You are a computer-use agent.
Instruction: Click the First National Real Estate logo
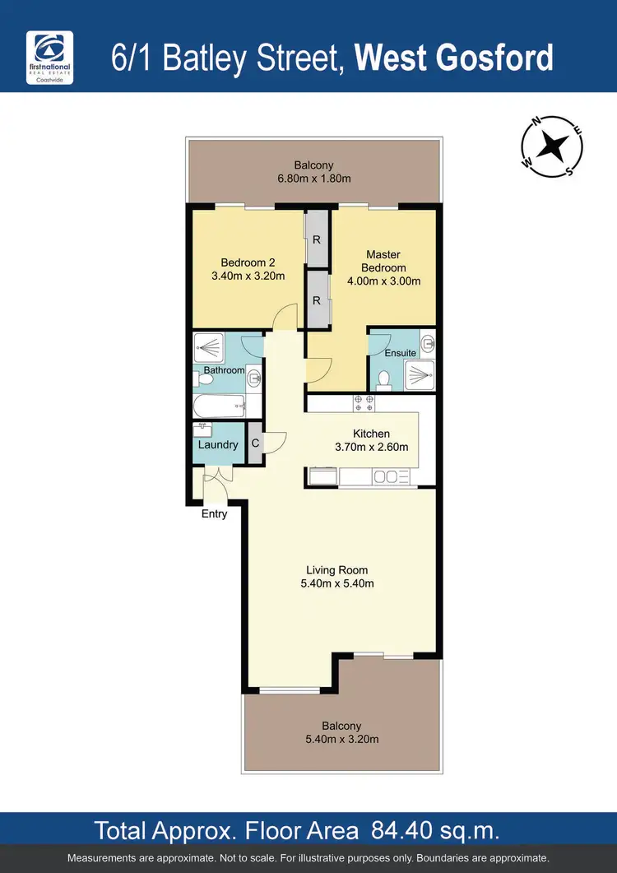pos(50,58)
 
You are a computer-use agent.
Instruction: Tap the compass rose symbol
pos(551,147)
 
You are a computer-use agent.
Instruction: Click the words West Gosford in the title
pos(455,58)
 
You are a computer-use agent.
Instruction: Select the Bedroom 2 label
pos(247,262)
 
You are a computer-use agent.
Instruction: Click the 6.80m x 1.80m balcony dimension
pos(316,179)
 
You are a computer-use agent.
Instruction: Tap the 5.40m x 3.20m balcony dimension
pos(341,739)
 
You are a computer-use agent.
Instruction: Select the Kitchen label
pos(371,434)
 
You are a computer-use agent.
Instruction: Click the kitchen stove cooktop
pos(364,403)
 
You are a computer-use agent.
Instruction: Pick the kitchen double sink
pos(392,476)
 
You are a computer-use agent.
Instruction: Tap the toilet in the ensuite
pos(383,379)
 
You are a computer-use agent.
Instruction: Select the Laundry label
pos(218,445)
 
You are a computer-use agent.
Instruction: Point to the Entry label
pos(214,514)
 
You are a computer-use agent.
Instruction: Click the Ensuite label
pos(401,353)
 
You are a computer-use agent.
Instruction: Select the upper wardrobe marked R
pos(316,239)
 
